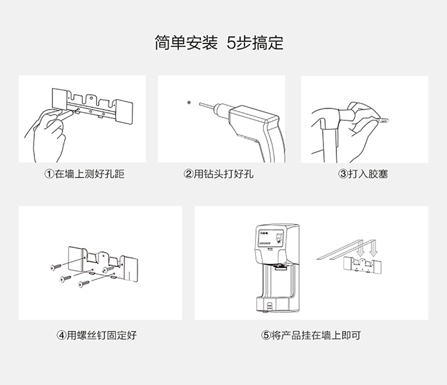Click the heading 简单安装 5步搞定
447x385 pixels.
(x=219, y=44)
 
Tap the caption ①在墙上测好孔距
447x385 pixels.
(x=82, y=175)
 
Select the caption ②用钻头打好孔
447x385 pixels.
(x=219, y=175)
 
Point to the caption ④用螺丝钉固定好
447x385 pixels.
(x=97, y=336)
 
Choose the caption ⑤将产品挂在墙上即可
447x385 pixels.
(x=311, y=336)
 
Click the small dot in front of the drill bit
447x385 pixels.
(x=189, y=102)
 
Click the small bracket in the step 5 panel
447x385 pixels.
(x=364, y=262)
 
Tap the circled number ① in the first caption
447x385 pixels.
(x=49, y=175)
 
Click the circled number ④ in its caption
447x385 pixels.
(x=61, y=336)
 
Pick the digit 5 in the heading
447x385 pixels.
(x=231, y=44)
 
